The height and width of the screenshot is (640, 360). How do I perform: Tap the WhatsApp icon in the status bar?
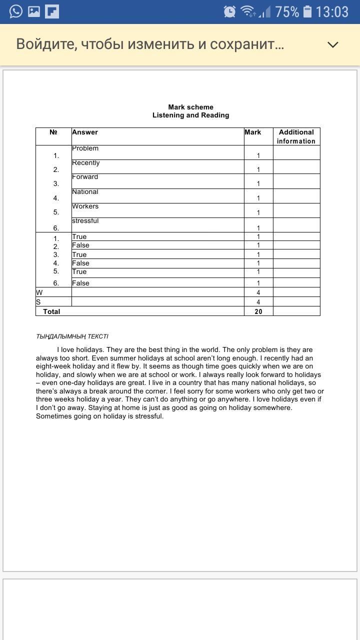pyautogui.click(x=16, y=11)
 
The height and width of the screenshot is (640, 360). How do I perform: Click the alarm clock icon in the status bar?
pyautogui.click(x=229, y=11)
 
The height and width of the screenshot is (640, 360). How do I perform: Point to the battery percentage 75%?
pyautogui.click(x=287, y=11)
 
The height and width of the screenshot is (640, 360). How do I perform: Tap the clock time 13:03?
pyautogui.click(x=332, y=11)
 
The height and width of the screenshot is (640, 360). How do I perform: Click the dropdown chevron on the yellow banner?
pyautogui.click(x=332, y=44)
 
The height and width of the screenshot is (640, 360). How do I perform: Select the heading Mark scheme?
pyautogui.click(x=190, y=107)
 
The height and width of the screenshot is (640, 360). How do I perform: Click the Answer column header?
pyautogui.click(x=85, y=132)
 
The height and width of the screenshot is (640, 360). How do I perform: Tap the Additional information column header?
pyautogui.click(x=296, y=136)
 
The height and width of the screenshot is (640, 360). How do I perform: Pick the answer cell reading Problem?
pyautogui.click(x=85, y=148)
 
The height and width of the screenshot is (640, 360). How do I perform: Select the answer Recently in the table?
pyautogui.click(x=86, y=163)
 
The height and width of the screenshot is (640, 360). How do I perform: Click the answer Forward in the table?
pyautogui.click(x=85, y=177)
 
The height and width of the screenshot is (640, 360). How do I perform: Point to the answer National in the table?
pyautogui.click(x=85, y=192)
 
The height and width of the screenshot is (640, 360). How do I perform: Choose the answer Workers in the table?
pyautogui.click(x=85, y=206)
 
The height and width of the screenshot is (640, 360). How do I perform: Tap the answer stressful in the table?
pyautogui.click(x=85, y=221)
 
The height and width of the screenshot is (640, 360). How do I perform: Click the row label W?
pyautogui.click(x=39, y=292)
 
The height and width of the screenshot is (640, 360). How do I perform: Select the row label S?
pyautogui.click(x=38, y=302)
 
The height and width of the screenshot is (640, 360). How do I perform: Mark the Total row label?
pyautogui.click(x=51, y=311)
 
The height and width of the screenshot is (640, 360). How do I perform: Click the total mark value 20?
pyautogui.click(x=258, y=311)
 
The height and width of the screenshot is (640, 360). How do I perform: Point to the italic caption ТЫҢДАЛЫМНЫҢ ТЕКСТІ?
pyautogui.click(x=72, y=336)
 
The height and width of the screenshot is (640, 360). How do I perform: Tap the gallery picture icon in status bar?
pyautogui.click(x=34, y=11)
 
